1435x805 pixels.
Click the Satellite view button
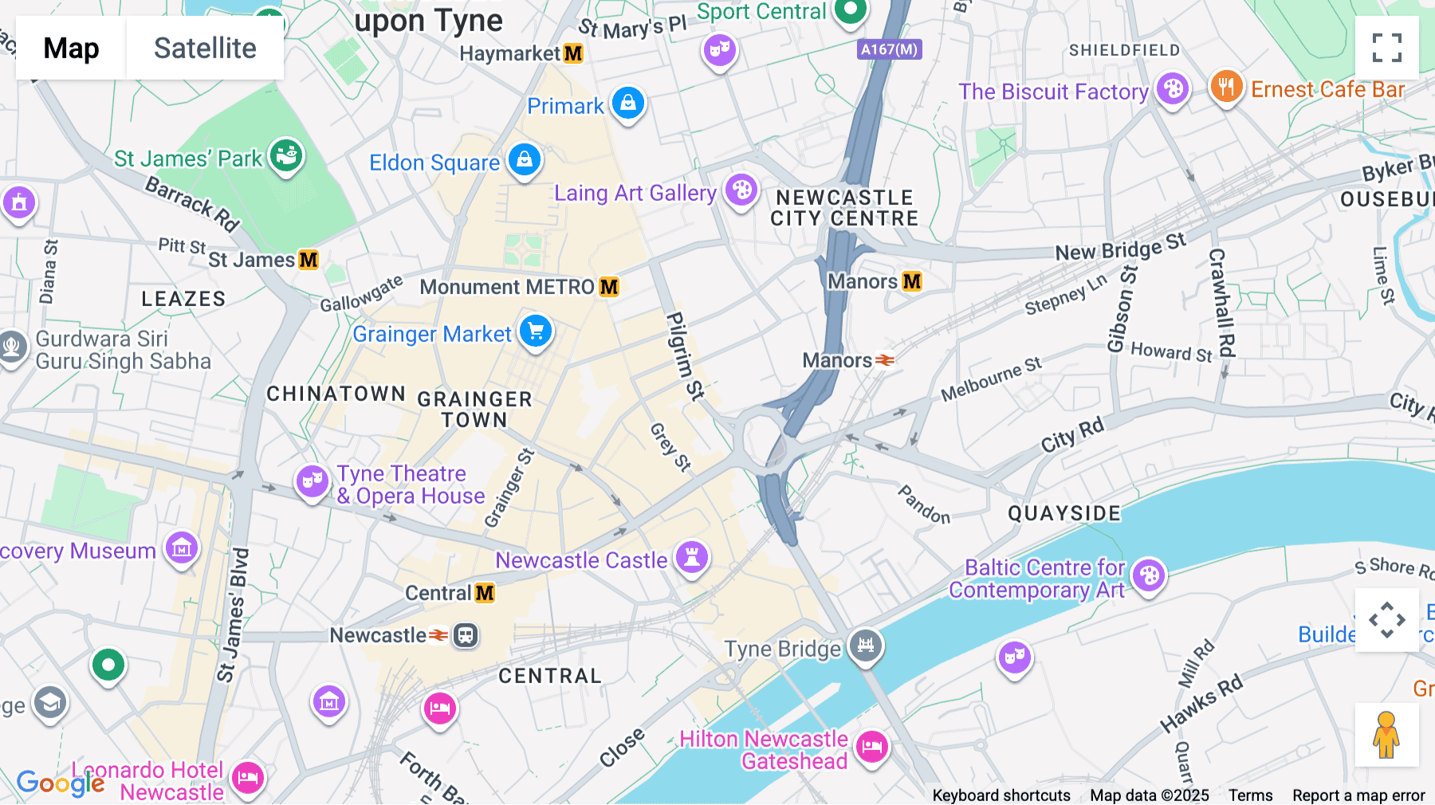pyautogui.click(x=205, y=48)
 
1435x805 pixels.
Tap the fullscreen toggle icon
pyautogui.click(x=1386, y=48)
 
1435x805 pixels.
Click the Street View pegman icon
pyautogui.click(x=1386, y=735)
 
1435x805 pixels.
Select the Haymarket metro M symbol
pyautogui.click(x=573, y=53)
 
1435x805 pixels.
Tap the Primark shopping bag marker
pyautogui.click(x=628, y=104)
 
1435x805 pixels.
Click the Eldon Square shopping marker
pyautogui.click(x=525, y=160)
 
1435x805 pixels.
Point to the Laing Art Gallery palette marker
pyautogui.click(x=741, y=190)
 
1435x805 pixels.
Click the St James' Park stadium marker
pyautogui.click(x=286, y=155)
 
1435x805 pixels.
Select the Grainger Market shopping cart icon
pyautogui.click(x=536, y=332)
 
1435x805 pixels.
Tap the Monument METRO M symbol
pyautogui.click(x=609, y=287)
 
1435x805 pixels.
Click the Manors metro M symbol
pyautogui.click(x=912, y=281)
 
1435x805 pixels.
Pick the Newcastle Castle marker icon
pyautogui.click(x=692, y=557)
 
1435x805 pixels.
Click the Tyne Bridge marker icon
pyautogui.click(x=866, y=645)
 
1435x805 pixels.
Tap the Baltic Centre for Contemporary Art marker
pyautogui.click(x=1149, y=575)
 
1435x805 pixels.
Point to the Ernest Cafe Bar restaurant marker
pyautogui.click(x=1226, y=86)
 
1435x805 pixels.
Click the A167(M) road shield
pyautogui.click(x=890, y=49)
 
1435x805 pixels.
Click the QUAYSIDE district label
pyautogui.click(x=1064, y=513)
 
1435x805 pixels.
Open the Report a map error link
pyautogui.click(x=1358, y=795)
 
